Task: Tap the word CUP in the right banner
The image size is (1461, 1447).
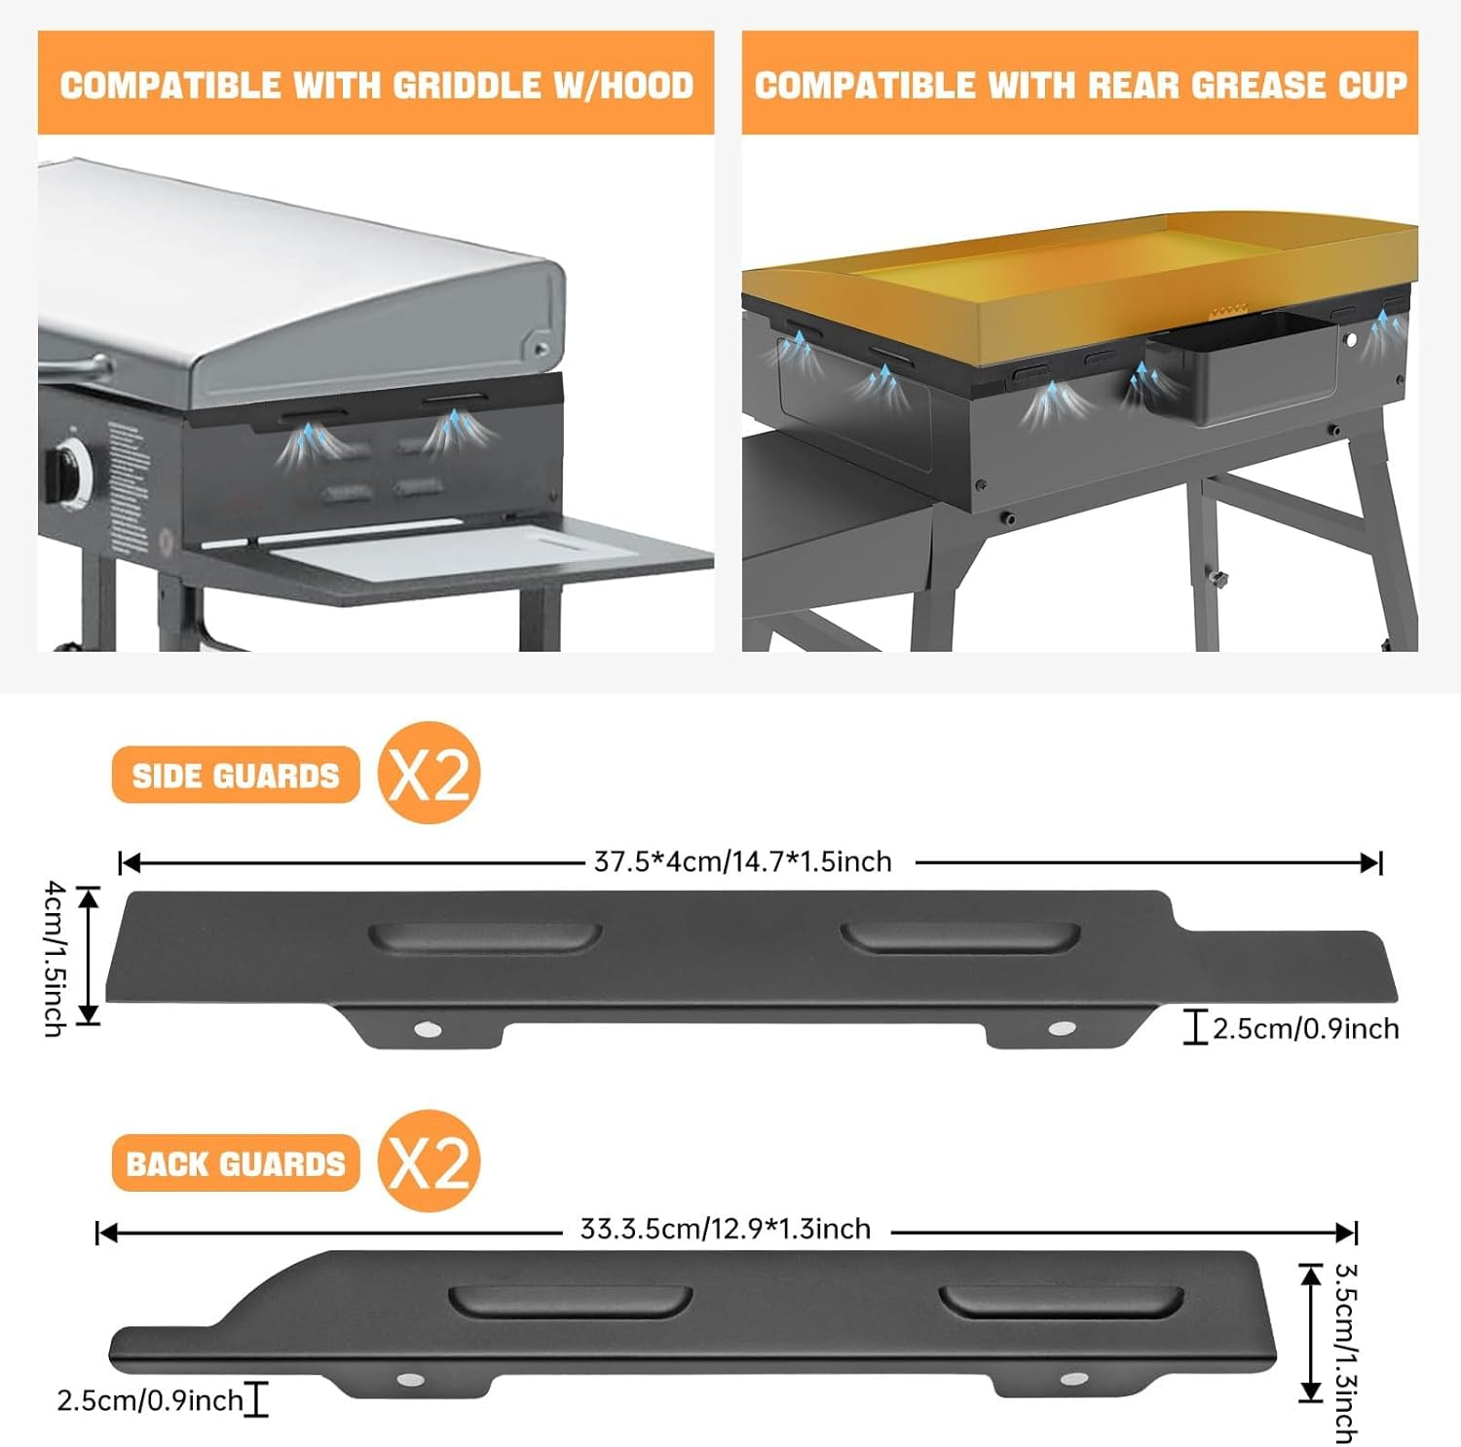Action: (1373, 86)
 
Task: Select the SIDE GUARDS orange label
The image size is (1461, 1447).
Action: (236, 776)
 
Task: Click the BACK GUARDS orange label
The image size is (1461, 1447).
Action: (236, 1163)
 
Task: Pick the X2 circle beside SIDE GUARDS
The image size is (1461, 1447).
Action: (430, 774)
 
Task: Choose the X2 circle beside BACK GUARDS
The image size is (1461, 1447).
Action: (430, 1161)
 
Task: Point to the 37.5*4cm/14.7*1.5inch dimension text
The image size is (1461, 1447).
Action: (743, 862)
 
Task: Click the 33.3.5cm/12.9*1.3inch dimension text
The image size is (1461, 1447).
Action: (726, 1230)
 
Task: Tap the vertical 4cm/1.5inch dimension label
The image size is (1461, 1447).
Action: (56, 958)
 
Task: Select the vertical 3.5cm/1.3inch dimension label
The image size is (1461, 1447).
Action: (1346, 1352)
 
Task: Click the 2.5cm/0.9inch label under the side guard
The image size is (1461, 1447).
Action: (1305, 1029)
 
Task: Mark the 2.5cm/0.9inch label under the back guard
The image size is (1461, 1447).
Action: (150, 1401)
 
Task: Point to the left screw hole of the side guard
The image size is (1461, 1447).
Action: (426, 1029)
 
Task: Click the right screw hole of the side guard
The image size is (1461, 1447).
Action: (1062, 1029)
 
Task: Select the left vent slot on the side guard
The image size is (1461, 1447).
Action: (484, 937)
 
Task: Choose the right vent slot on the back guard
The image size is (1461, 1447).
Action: (1062, 1303)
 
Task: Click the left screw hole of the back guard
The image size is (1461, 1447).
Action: (410, 1380)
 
